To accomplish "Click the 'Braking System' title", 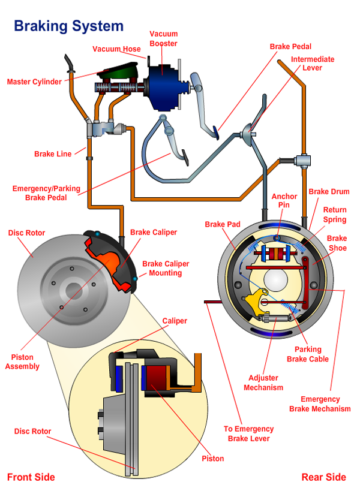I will click(x=68, y=26).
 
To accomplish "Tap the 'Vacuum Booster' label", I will click(x=164, y=38).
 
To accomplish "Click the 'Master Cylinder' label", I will click(x=34, y=82).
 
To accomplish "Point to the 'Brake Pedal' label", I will click(x=291, y=46).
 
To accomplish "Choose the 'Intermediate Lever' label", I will click(x=313, y=64).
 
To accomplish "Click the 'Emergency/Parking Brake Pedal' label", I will click(x=46, y=192).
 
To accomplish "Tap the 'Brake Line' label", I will click(x=53, y=154).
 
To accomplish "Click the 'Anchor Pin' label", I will click(x=284, y=201).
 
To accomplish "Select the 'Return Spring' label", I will click(x=335, y=215).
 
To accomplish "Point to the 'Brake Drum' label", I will click(x=329, y=192).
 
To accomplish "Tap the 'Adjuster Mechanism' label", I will click(x=263, y=382).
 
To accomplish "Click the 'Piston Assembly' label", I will click(x=22, y=362).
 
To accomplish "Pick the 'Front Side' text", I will click(x=31, y=477).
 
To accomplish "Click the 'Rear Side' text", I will click(x=323, y=477).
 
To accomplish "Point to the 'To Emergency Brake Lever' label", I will click(x=248, y=433).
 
